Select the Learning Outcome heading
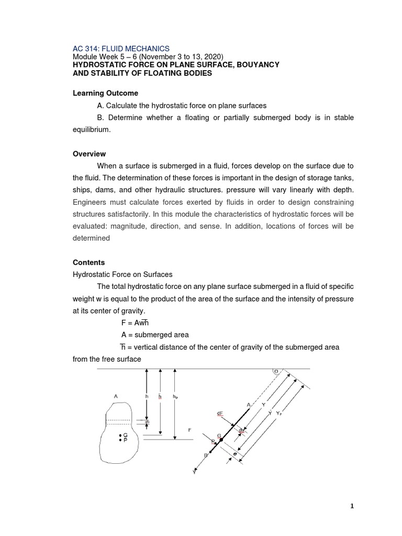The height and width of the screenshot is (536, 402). pos(105,93)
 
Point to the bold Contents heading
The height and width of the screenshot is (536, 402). pos(88,262)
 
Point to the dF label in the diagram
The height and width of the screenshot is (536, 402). pos(220,414)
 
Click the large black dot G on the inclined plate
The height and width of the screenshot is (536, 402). pos(221,440)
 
